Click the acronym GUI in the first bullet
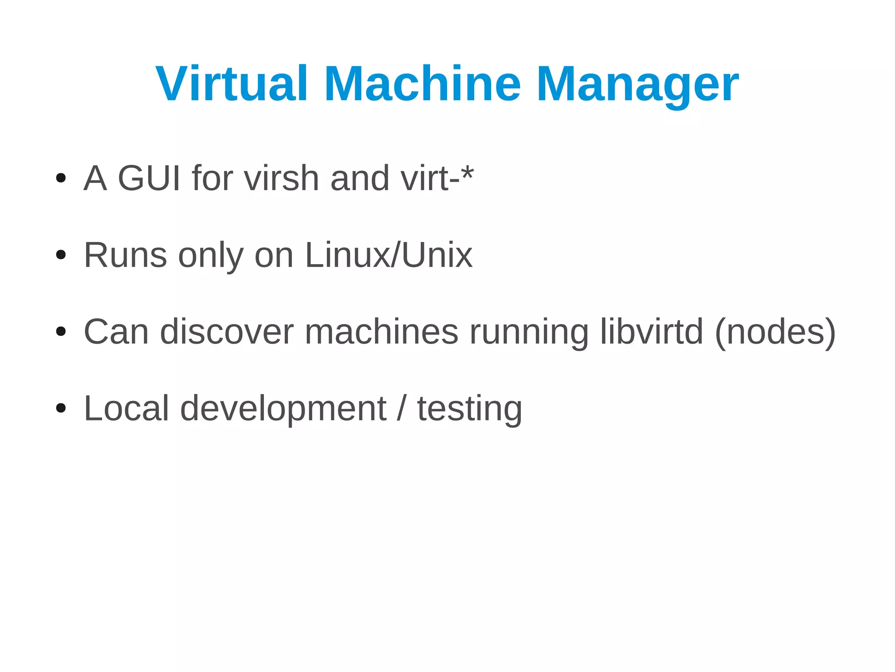click(149, 178)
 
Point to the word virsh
click(281, 178)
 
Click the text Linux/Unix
click(389, 255)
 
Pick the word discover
click(227, 332)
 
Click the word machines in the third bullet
click(382, 332)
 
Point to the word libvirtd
click(652, 332)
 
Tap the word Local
click(126, 408)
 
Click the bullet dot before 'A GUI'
click(61, 178)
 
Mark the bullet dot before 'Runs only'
click(61, 255)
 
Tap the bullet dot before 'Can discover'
click(61, 332)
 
